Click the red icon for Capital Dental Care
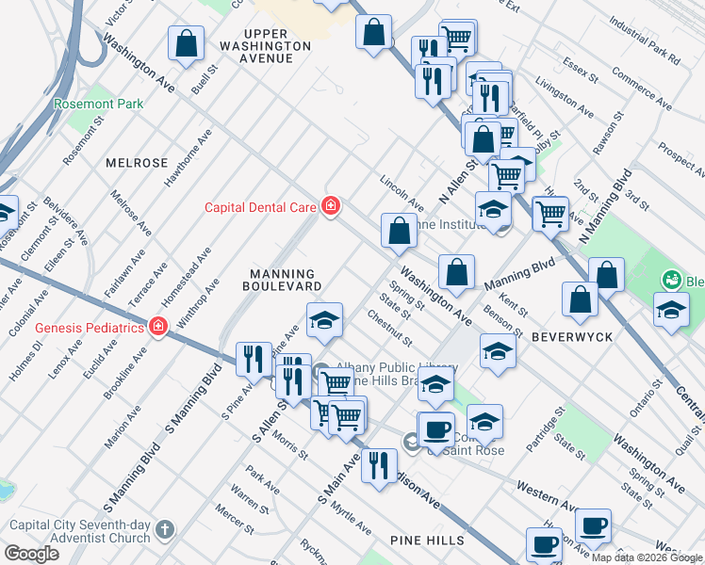[330, 205]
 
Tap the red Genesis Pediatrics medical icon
[158, 328]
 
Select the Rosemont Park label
[98, 104]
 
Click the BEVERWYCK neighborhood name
[572, 336]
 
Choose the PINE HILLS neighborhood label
[427, 540]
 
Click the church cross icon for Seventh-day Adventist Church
[165, 531]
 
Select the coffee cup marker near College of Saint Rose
[435, 428]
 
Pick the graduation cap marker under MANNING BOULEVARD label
[323, 320]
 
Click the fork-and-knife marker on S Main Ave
[379, 464]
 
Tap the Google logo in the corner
[31, 553]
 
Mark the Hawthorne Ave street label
[200, 160]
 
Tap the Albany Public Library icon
[320, 370]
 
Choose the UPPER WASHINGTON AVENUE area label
[264, 45]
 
